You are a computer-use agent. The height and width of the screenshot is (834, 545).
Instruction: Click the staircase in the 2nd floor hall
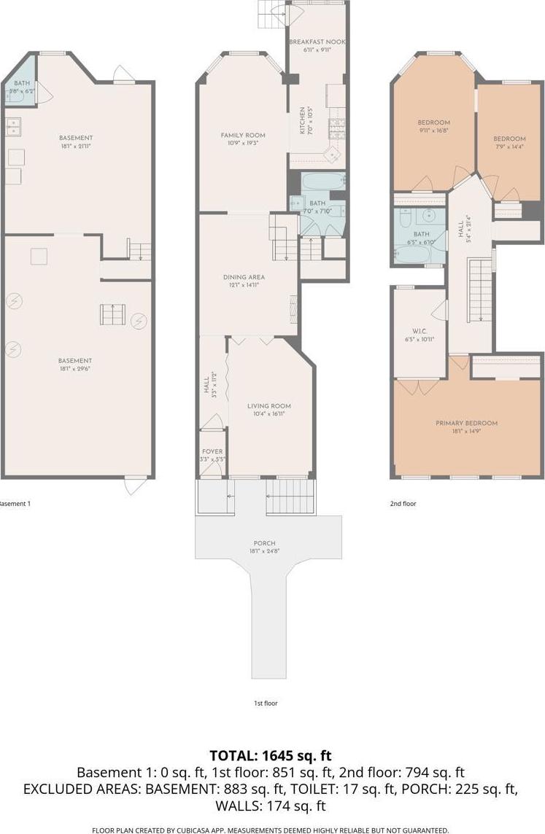480,291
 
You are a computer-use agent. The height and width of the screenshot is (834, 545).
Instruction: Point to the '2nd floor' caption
403,503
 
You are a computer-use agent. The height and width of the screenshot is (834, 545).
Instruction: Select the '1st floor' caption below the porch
265,704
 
